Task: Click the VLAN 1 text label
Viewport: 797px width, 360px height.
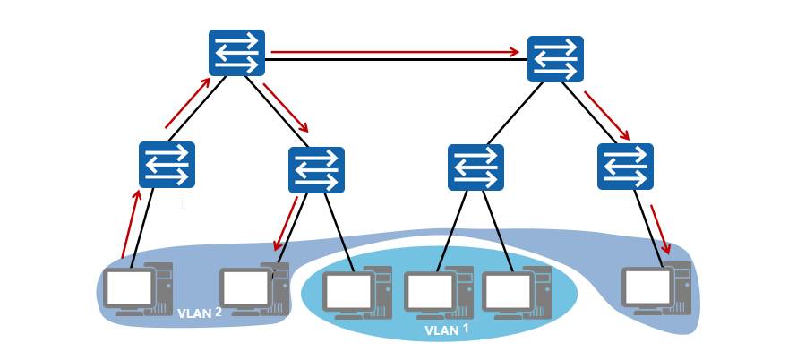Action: pos(446,330)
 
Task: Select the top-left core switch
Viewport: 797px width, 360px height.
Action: pos(237,53)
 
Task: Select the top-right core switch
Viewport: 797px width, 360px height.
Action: pos(555,60)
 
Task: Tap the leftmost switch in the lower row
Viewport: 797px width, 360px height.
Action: pos(167,165)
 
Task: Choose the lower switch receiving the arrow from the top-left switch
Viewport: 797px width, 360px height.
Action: pos(316,170)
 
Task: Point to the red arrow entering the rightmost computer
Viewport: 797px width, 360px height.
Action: pos(659,229)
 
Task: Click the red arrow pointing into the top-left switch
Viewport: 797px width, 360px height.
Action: pos(188,103)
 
